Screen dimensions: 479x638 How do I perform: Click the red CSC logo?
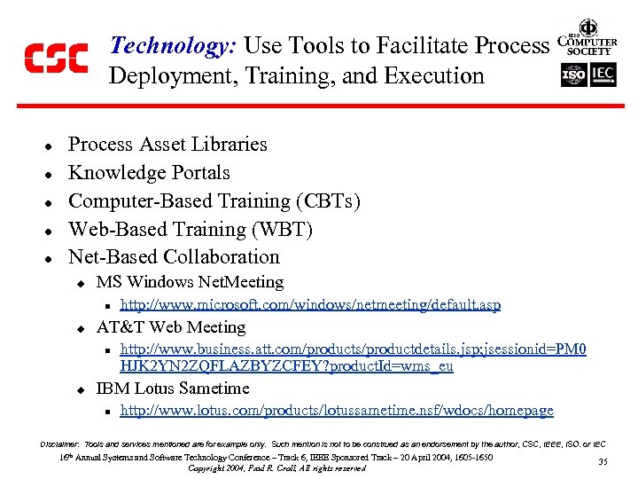(55, 59)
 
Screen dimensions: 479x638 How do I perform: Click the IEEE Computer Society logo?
(587, 38)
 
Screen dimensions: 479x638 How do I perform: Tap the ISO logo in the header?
(574, 75)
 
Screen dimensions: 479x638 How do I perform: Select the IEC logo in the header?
(603, 75)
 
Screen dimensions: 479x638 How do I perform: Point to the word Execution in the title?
(439, 76)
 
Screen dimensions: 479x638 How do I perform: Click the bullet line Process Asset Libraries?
(167, 145)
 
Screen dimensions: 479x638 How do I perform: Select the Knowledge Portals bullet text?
(149, 173)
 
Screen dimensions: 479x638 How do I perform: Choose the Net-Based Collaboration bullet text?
(174, 257)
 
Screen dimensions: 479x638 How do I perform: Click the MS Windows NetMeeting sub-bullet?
(190, 282)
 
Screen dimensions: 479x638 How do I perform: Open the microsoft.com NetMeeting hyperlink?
(310, 305)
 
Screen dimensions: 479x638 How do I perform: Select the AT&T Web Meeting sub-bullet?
(170, 327)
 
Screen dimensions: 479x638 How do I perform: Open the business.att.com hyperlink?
(353, 357)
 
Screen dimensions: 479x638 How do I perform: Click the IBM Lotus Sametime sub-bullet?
(173, 389)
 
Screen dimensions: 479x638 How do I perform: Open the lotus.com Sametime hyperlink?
(337, 411)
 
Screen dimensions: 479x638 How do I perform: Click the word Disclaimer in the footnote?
(59, 443)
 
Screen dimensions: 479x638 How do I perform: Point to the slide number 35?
(603, 461)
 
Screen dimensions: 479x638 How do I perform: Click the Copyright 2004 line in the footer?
(277, 468)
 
